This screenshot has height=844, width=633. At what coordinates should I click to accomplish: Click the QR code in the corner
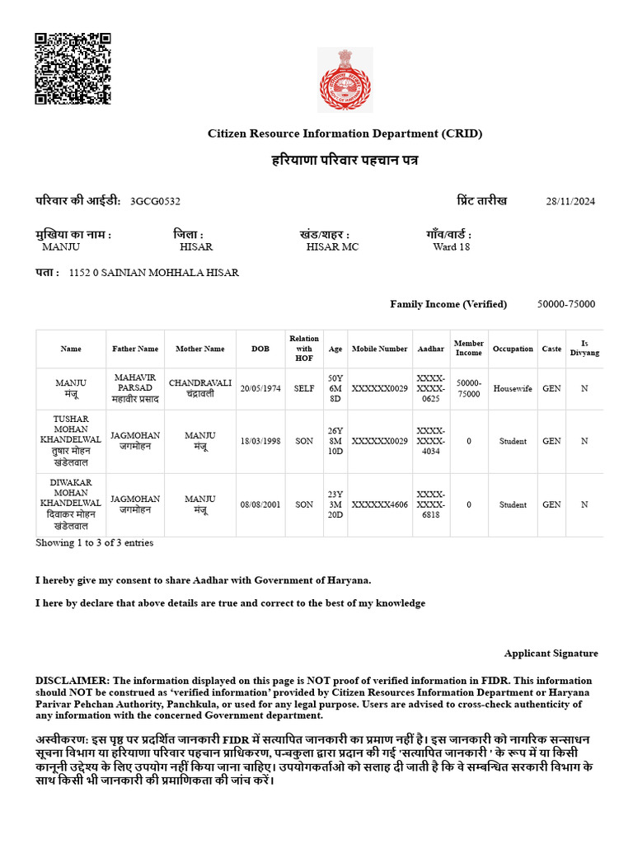(73, 68)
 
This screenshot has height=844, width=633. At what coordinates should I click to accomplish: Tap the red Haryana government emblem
(345, 79)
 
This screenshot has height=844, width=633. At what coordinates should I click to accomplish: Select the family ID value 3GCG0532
(155, 201)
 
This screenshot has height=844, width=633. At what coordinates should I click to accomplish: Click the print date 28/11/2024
(570, 202)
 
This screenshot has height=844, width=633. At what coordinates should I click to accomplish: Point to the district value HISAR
(196, 246)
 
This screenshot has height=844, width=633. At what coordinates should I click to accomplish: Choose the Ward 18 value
(451, 246)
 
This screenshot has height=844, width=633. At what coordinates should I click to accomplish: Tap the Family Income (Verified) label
(448, 304)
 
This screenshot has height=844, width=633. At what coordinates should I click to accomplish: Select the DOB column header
(260, 349)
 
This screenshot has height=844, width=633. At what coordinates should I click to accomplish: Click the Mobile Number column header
(379, 349)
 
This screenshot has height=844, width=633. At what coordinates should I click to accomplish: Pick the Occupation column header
(513, 349)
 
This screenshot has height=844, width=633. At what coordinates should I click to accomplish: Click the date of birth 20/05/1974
(260, 387)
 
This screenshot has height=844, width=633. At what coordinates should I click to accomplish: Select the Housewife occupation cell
(513, 387)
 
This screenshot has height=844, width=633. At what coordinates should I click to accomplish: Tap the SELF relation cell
(304, 387)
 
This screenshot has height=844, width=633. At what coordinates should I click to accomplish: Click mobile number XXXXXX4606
(379, 504)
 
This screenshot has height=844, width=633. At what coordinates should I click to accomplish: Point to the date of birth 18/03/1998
(260, 441)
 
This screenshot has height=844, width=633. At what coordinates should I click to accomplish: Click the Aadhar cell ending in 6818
(431, 504)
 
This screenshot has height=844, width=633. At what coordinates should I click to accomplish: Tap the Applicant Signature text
(551, 654)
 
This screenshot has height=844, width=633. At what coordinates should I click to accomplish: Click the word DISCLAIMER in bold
(72, 681)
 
